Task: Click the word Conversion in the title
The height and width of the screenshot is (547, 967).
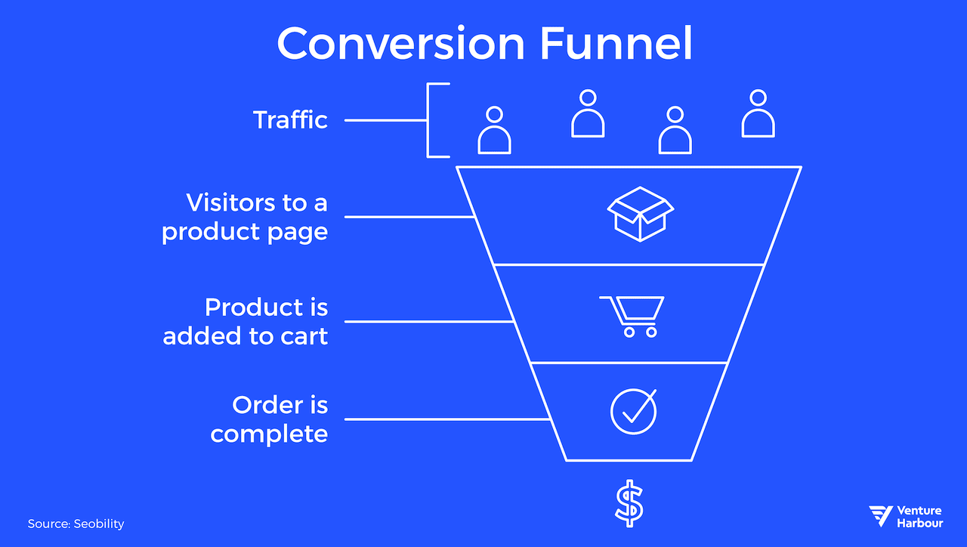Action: tap(400, 44)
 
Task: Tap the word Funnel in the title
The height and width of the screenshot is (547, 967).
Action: tap(616, 44)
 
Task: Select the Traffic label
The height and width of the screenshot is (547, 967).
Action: tap(291, 120)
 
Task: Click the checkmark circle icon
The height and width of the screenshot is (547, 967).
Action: tap(633, 411)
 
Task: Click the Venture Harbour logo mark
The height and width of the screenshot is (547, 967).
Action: tap(881, 516)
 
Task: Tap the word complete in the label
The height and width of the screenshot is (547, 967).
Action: tap(270, 434)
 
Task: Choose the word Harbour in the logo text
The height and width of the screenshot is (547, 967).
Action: tap(920, 523)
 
